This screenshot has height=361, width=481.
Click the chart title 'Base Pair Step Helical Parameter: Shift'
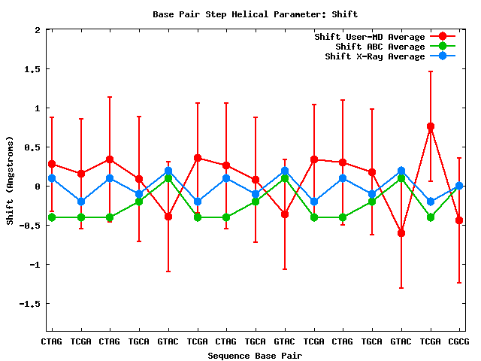(x=255, y=14)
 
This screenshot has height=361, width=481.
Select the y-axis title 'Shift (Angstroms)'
(x=10, y=180)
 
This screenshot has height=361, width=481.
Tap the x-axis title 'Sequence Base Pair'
(x=255, y=355)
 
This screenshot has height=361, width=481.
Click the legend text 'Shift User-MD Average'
(x=370, y=37)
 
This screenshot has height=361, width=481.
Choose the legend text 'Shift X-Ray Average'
(x=375, y=56)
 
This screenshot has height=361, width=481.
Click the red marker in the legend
(x=443, y=37)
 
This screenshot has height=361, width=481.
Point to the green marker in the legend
(x=443, y=47)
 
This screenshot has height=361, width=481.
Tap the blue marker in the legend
(x=443, y=56)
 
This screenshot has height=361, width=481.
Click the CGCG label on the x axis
(x=459, y=341)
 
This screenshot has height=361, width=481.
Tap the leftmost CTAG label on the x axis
(x=51, y=341)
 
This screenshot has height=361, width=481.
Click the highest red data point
(x=431, y=127)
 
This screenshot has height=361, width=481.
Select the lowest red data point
(x=401, y=233)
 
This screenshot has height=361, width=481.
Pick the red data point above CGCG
(x=459, y=220)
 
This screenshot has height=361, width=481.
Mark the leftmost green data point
(x=51, y=217)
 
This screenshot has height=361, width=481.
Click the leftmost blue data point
(x=51, y=178)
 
